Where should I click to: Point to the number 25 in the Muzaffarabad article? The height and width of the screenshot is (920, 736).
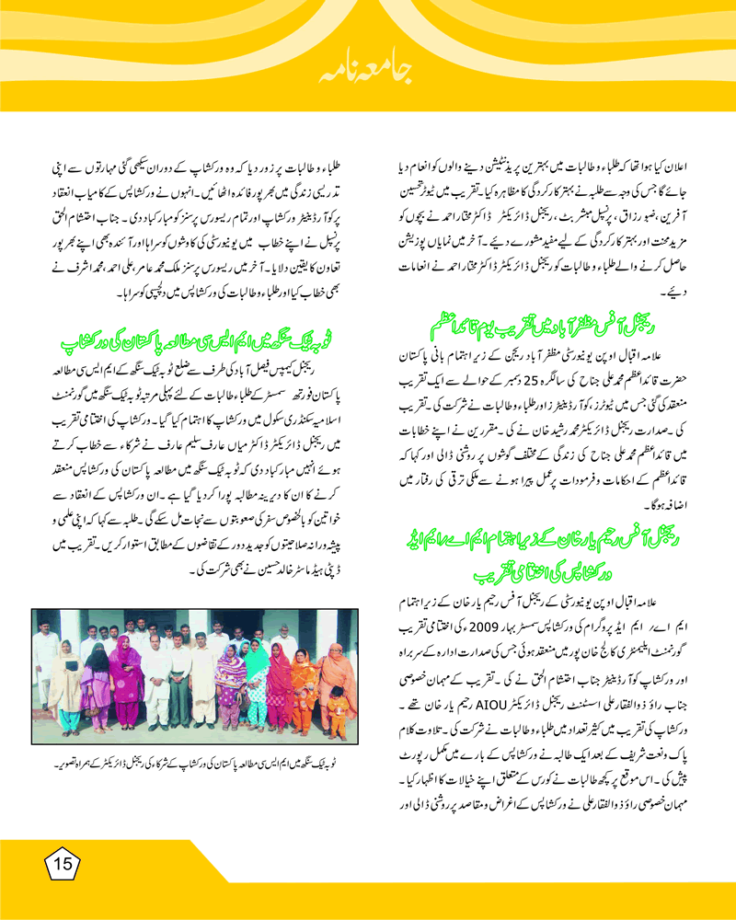525,374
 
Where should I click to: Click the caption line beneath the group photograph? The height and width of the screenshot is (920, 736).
196,765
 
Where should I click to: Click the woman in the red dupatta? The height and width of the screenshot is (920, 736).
280,685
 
